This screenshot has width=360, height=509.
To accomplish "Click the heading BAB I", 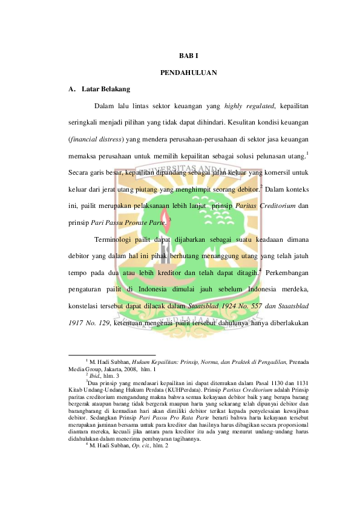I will [188, 56].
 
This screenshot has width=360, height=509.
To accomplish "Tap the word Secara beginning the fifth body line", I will [81, 172].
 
